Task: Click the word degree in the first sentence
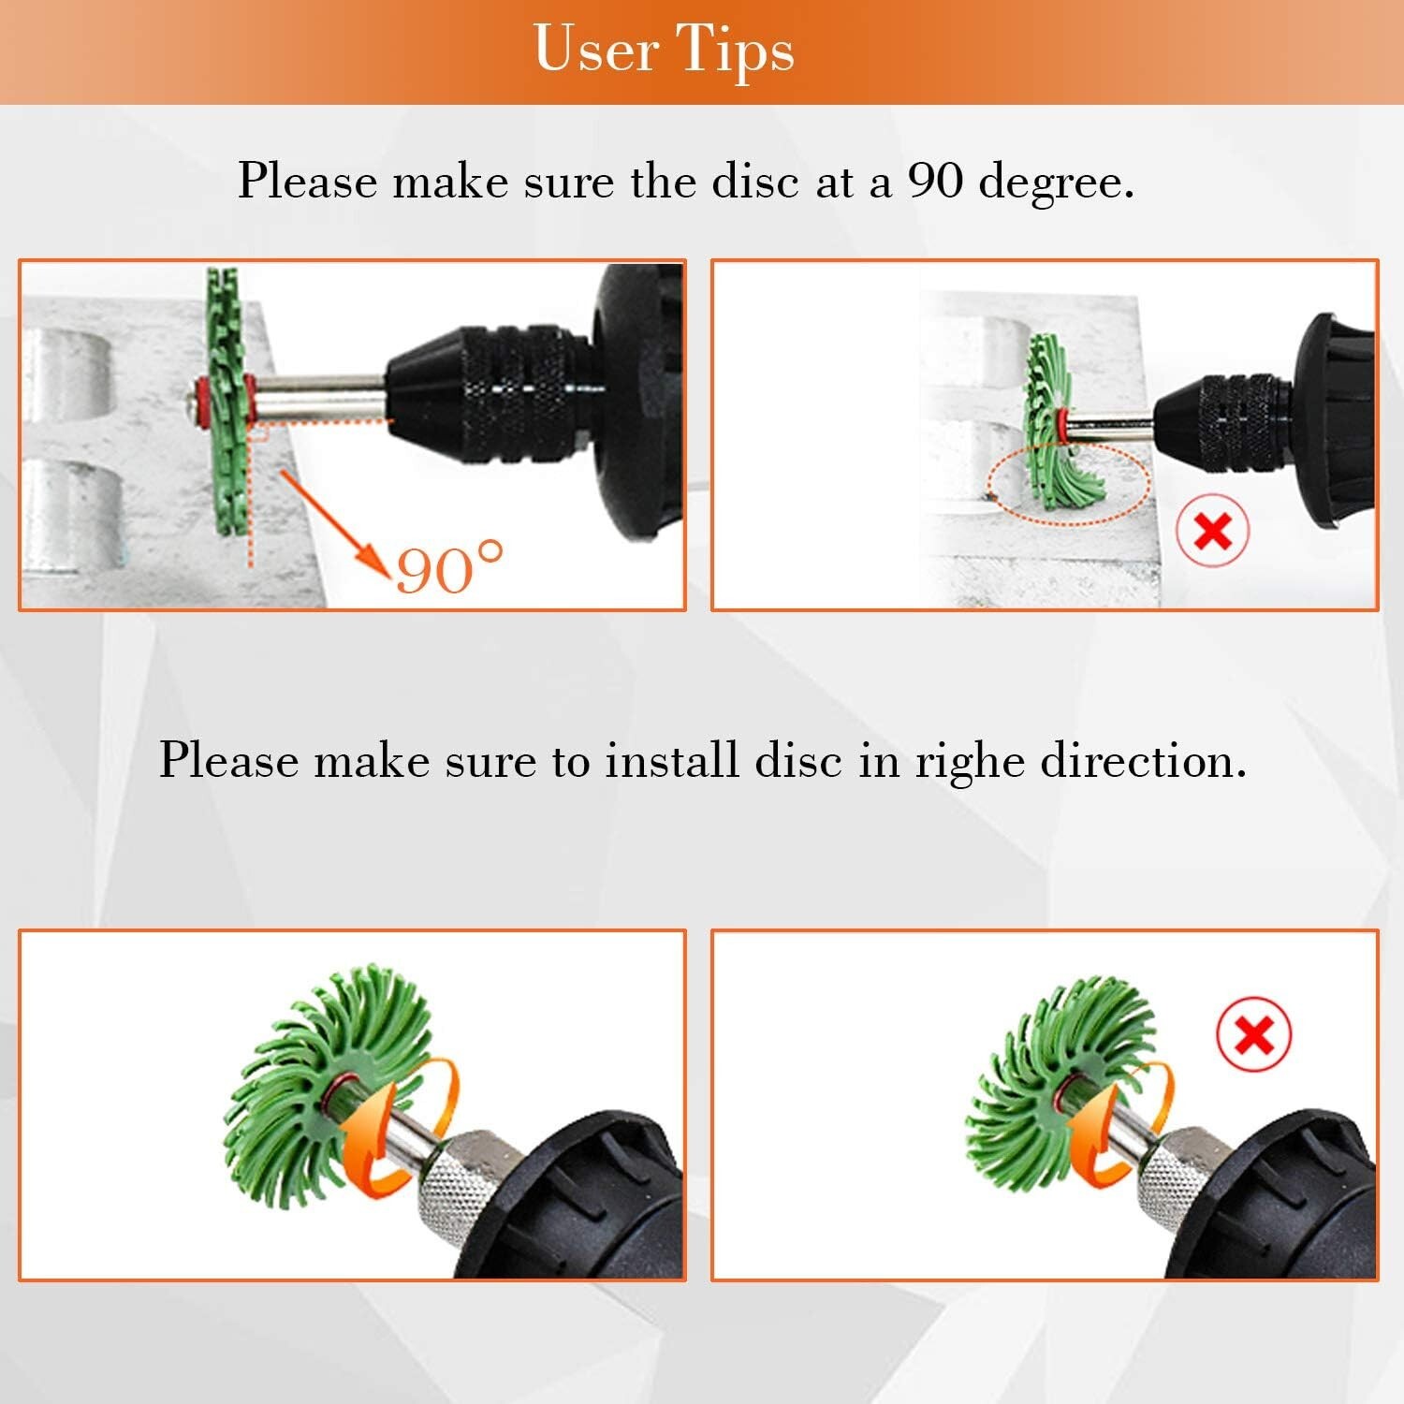tap(1056, 183)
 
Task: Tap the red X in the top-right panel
tap(1213, 532)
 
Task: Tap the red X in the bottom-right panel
tap(1254, 1035)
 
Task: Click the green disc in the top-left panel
tap(226, 401)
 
